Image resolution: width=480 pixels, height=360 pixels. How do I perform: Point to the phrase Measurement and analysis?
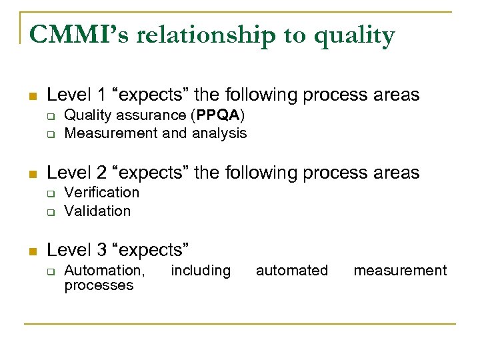[x=155, y=133]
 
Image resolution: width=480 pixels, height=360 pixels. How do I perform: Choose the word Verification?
[x=101, y=192]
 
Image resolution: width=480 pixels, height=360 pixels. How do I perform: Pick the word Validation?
[x=97, y=211]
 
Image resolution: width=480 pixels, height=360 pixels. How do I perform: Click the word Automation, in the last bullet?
[x=104, y=270]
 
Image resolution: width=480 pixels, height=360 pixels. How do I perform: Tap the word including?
[x=201, y=270]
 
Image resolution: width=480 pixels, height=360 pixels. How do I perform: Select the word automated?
[x=292, y=270]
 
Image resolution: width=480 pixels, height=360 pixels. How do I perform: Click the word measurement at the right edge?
[x=400, y=270]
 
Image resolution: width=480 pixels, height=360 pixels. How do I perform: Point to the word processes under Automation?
[x=99, y=285]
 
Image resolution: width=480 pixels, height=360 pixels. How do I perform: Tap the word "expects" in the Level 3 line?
[x=151, y=250]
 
